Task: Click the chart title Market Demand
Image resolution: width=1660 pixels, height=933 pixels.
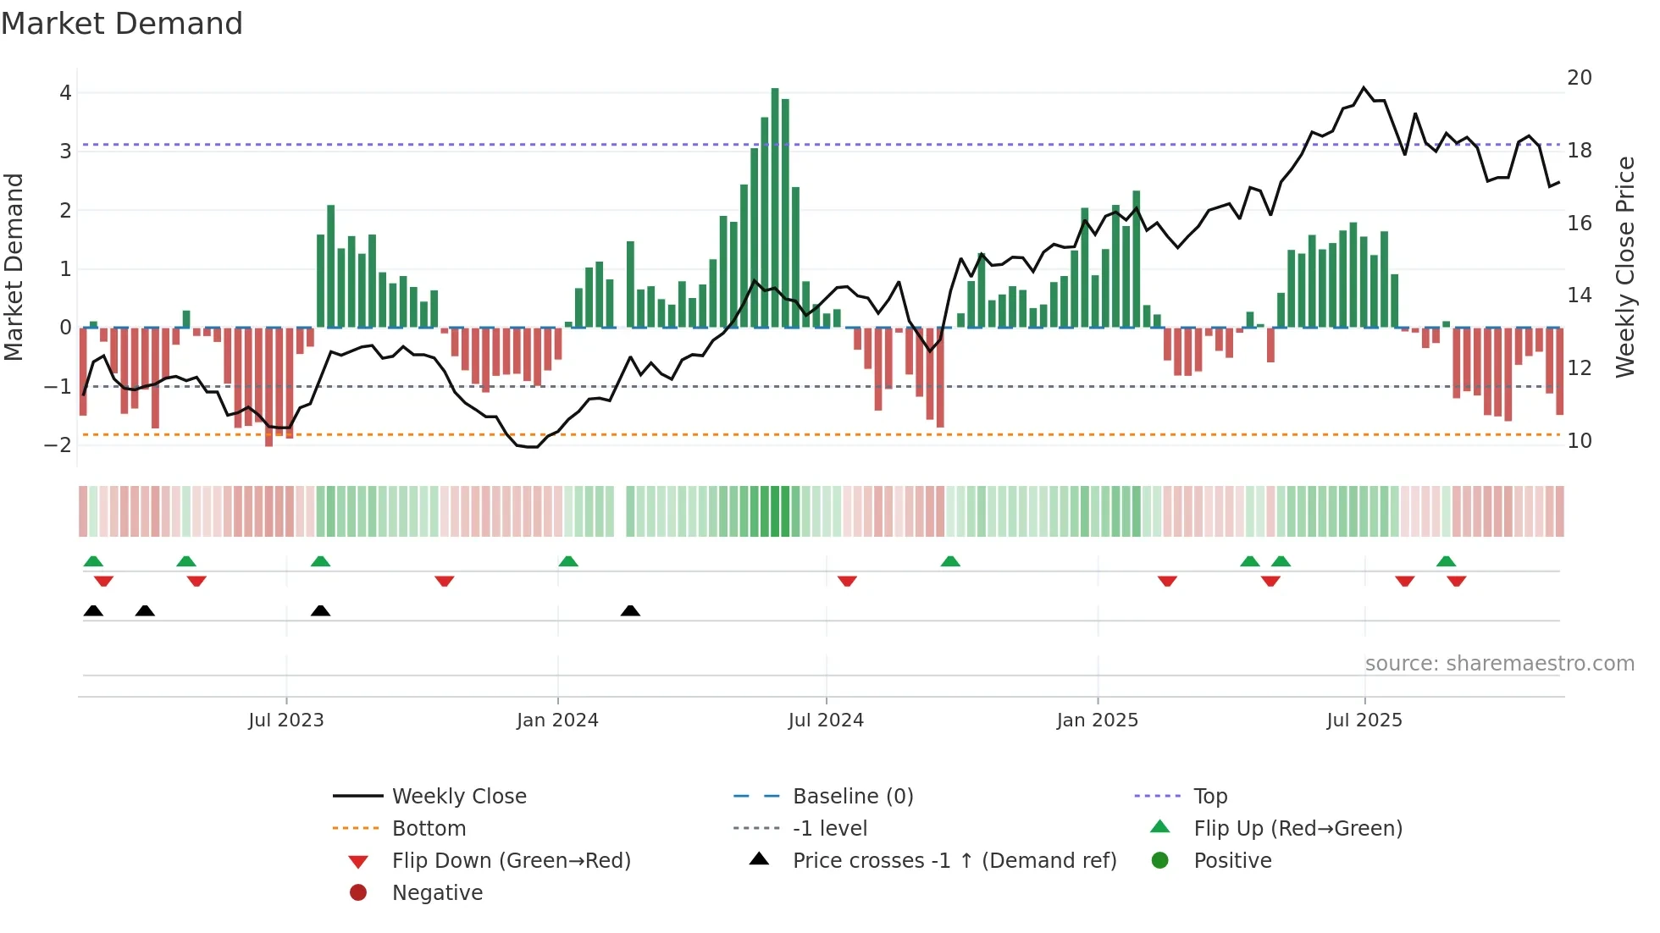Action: (x=122, y=24)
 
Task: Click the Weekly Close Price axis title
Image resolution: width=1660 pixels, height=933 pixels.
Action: (x=1624, y=267)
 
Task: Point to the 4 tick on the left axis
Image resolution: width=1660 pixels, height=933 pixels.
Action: (x=65, y=93)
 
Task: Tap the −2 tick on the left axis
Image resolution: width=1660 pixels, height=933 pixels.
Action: (x=58, y=445)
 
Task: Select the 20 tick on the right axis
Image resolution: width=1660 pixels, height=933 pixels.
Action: (x=1579, y=78)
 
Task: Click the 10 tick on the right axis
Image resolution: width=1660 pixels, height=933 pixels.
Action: (x=1579, y=441)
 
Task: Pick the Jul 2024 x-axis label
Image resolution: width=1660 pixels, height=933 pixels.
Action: (x=826, y=720)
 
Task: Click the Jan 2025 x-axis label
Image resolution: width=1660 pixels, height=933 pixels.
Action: (x=1097, y=720)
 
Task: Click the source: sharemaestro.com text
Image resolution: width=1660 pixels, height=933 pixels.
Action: (x=1499, y=664)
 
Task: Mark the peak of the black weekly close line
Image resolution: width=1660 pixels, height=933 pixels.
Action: (x=1364, y=87)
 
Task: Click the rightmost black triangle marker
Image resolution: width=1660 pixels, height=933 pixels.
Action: (x=630, y=611)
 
